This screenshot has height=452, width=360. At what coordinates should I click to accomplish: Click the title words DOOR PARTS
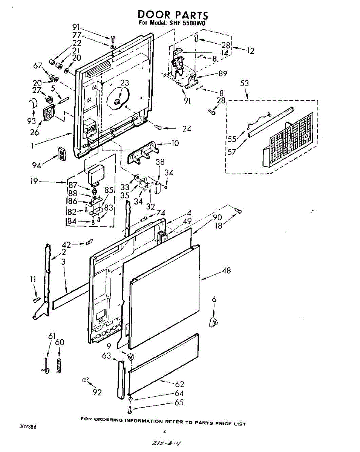pyautogui.click(x=173, y=15)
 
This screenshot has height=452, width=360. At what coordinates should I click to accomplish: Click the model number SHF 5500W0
pyautogui.click(x=187, y=23)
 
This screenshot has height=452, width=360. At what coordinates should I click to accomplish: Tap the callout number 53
pyautogui.click(x=244, y=83)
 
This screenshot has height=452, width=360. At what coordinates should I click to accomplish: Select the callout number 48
pyautogui.click(x=226, y=270)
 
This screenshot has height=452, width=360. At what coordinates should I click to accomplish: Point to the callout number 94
pyautogui.click(x=37, y=165)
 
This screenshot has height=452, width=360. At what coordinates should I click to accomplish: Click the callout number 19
pyautogui.click(x=34, y=181)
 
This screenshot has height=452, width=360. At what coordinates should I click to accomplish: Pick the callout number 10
pyautogui.click(x=175, y=143)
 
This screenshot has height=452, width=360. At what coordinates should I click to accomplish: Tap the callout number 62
pyautogui.click(x=179, y=384)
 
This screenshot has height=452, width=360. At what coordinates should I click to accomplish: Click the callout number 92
pyautogui.click(x=97, y=392)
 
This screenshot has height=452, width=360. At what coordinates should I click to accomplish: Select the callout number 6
pyautogui.click(x=214, y=299)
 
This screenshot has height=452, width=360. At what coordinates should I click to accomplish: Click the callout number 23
pyautogui.click(x=124, y=83)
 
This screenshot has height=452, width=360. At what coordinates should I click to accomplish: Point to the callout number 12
pyautogui.click(x=250, y=50)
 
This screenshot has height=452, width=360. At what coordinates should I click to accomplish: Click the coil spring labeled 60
pyautogui.click(x=59, y=366)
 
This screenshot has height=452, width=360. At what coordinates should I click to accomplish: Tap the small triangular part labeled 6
pyautogui.click(x=213, y=322)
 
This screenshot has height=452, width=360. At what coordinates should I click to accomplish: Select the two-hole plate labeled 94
pyautogui.click(x=62, y=154)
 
